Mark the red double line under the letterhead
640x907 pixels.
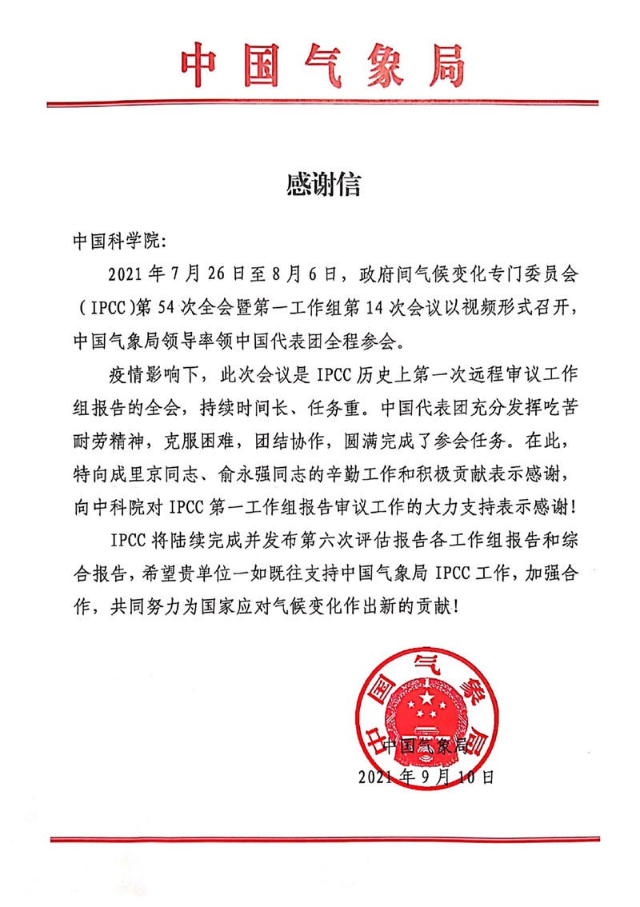[x=322, y=104]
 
